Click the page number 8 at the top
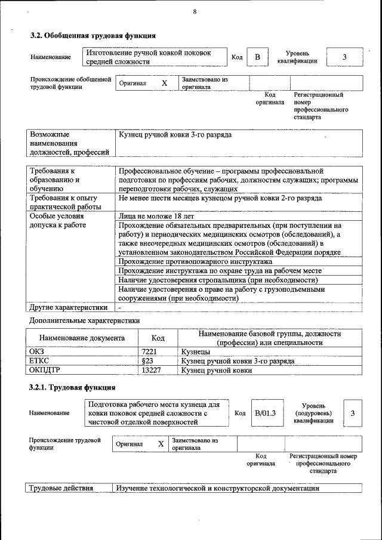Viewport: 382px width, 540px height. pyautogui.click(x=195, y=12)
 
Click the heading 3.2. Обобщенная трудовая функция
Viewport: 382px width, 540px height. pyautogui.click(x=93, y=36)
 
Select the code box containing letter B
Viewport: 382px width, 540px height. pyautogui.click(x=257, y=57)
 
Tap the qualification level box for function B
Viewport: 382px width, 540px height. pyautogui.click(x=344, y=57)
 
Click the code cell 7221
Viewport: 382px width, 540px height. pyautogui.click(x=149, y=352)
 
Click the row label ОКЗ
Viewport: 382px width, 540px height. pyautogui.click(x=37, y=352)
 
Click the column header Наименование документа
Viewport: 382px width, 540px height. pyautogui.click(x=82, y=338)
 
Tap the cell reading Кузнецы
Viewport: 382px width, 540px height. pyautogui.click(x=195, y=352)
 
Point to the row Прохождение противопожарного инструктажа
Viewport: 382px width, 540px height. pyautogui.click(x=195, y=261)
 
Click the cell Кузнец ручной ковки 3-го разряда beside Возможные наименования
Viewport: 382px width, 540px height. pyautogui.click(x=175, y=135)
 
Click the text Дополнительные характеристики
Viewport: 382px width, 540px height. pyautogui.click(x=84, y=320)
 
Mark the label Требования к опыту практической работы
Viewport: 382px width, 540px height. pyautogui.click(x=63, y=202)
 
